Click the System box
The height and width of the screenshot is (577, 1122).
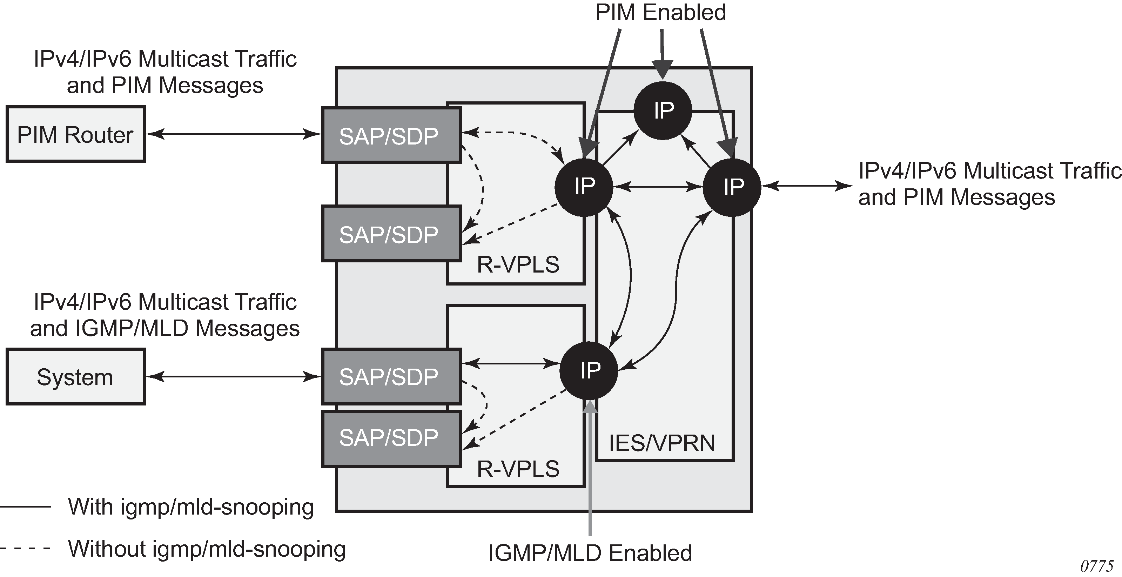pos(75,377)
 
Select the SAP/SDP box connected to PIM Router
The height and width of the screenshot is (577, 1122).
pos(391,135)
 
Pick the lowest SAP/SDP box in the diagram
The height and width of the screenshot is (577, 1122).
pos(391,438)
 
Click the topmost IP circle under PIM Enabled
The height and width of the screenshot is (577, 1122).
pos(663,110)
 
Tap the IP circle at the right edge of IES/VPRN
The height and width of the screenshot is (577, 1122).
pos(732,187)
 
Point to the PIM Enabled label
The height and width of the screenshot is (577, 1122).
pos(660,13)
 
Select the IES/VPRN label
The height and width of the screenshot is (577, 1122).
pos(661,443)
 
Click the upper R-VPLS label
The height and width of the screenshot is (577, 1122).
pos(518,265)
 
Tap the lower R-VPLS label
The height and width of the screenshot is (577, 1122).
pos(518,469)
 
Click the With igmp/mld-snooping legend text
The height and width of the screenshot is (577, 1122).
pos(191,507)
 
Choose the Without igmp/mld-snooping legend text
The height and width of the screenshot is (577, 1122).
pos(207,549)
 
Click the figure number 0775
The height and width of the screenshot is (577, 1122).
pos(1096,566)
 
